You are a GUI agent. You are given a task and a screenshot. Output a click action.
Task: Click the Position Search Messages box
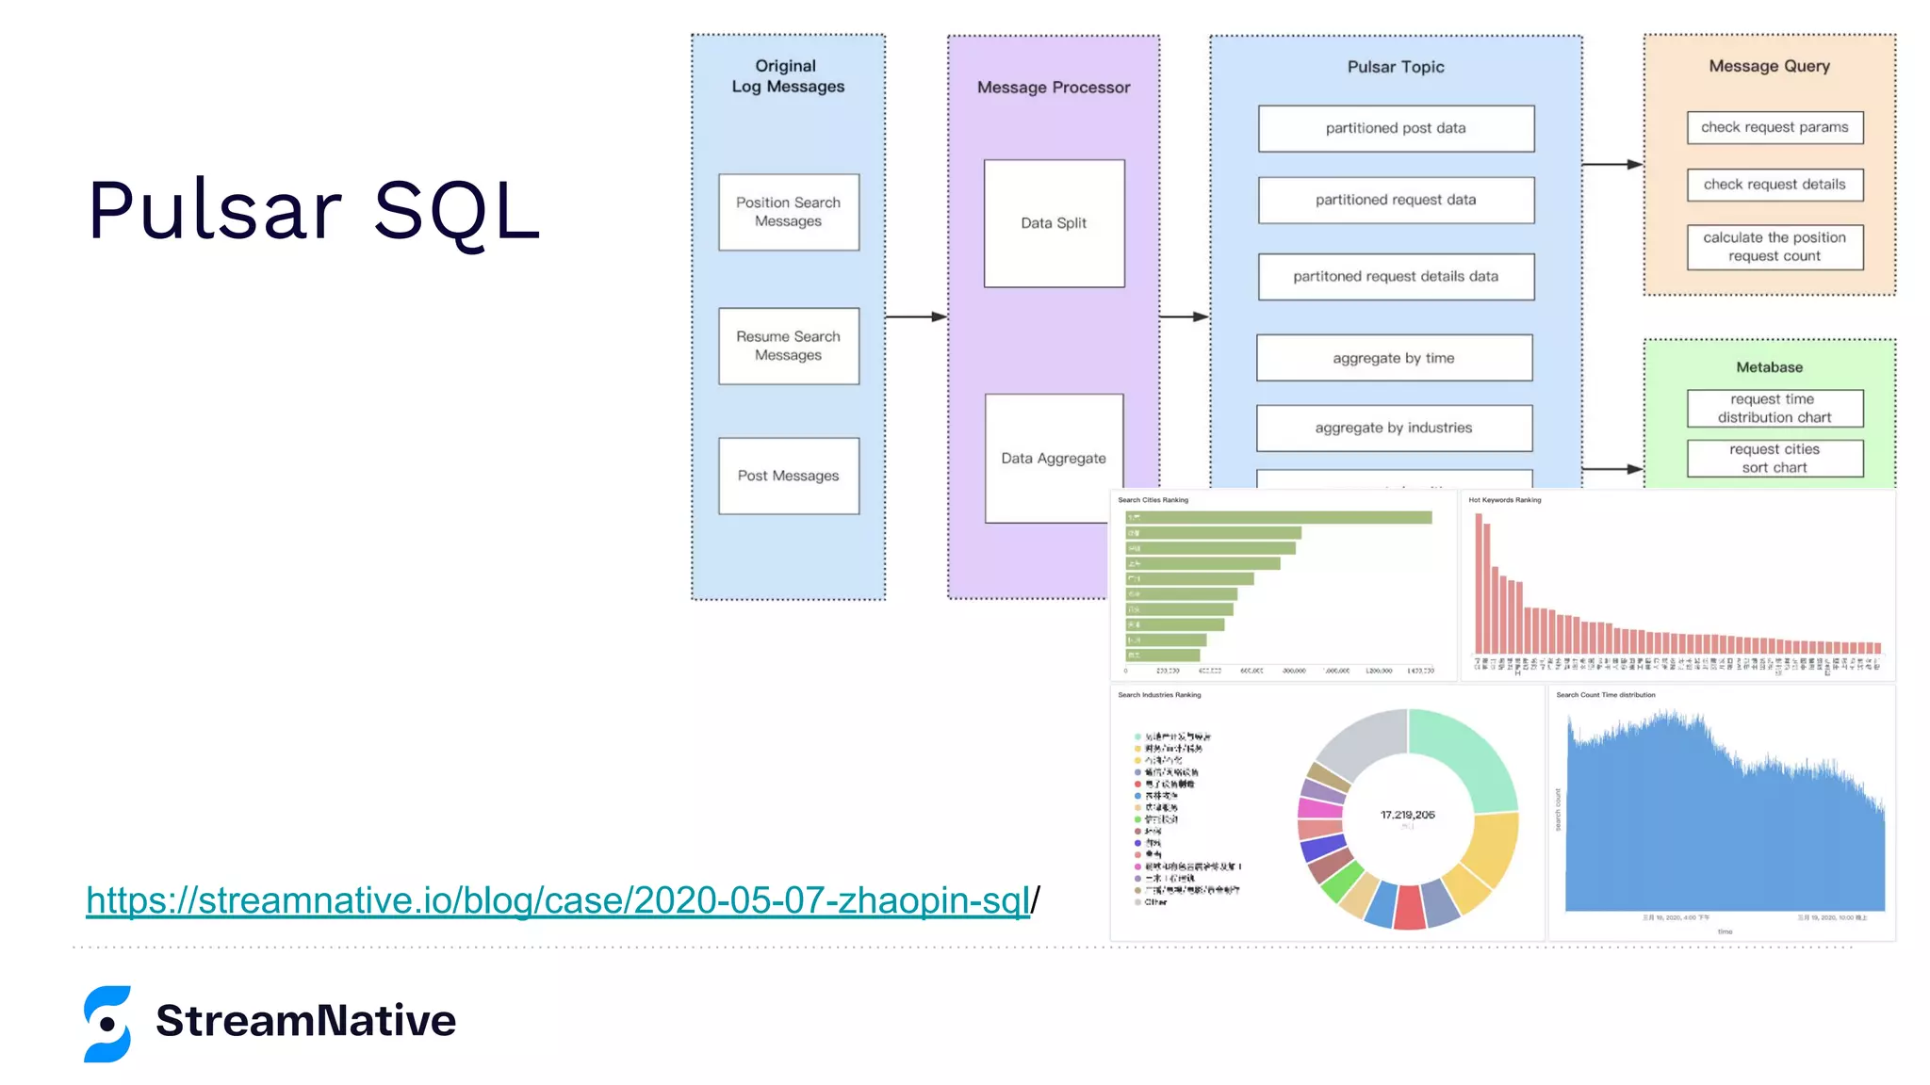[x=788, y=212]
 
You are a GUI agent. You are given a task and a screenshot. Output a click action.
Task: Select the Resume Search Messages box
[x=788, y=346]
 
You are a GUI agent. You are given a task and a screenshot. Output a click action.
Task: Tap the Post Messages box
[x=788, y=476]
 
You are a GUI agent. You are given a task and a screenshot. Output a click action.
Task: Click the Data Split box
[x=1054, y=223]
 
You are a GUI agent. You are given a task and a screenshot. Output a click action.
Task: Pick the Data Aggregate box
[x=1053, y=459]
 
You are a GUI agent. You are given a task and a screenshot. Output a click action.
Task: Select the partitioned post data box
[x=1396, y=128]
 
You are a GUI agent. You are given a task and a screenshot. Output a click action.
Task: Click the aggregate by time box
[x=1394, y=358]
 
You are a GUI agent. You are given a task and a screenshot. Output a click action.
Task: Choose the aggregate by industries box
[x=1394, y=428]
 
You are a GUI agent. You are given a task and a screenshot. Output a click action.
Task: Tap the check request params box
[x=1775, y=127]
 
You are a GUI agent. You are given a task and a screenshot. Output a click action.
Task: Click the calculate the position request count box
[x=1775, y=247]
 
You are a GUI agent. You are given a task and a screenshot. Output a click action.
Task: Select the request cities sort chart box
[x=1775, y=459]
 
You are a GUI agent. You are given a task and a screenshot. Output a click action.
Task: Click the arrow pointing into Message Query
[x=1612, y=165]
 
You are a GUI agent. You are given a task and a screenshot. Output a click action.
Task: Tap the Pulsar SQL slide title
[x=315, y=210]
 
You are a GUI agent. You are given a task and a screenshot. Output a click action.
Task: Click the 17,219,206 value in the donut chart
[x=1407, y=815]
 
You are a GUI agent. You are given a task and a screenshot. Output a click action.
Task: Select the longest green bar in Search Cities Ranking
[x=1279, y=517]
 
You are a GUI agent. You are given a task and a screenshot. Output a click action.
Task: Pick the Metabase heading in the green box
[x=1769, y=367]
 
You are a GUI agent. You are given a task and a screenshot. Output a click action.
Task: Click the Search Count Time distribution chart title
[x=1605, y=695]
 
